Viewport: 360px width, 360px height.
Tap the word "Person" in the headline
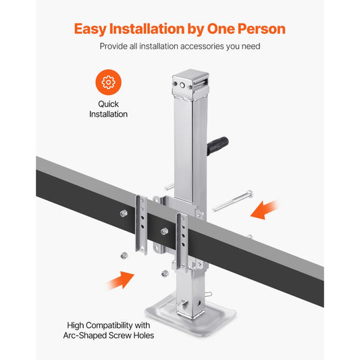coord(257,29)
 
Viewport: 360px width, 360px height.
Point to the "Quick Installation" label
coord(108,109)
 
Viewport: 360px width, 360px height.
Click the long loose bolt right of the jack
coord(234,202)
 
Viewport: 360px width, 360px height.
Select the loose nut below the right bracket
coord(165,273)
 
